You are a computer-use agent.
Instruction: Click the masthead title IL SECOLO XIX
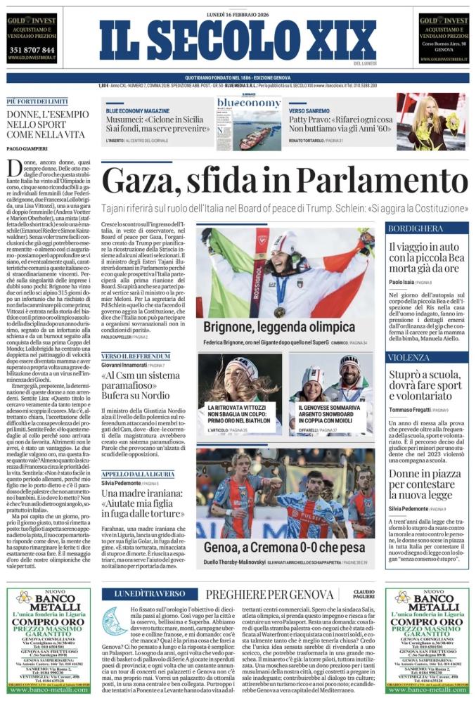click(237, 41)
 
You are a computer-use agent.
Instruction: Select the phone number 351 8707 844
click(31, 50)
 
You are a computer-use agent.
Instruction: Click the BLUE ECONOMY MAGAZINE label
click(138, 111)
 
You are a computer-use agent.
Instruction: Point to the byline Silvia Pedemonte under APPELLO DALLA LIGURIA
click(121, 464)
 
